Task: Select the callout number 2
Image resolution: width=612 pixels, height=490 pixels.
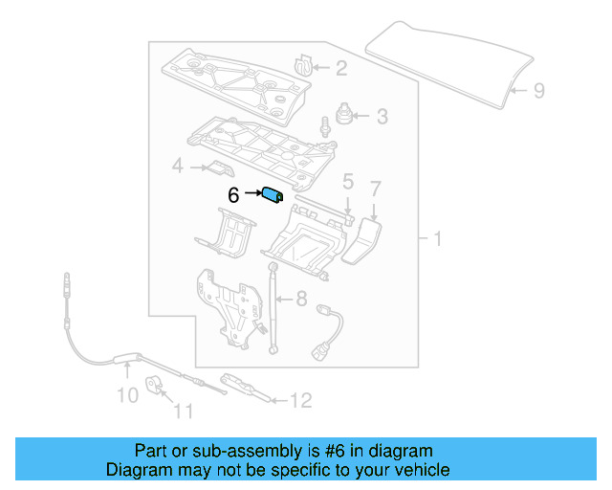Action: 341,67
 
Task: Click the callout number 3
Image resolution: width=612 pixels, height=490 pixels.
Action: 382,118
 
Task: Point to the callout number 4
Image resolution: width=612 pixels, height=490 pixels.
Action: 177,168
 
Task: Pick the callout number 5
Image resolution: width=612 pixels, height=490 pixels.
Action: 348,180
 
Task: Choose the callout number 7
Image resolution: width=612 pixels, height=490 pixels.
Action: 376,188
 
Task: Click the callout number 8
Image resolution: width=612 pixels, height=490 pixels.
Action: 298,298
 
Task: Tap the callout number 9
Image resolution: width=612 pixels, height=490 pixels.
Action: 538,91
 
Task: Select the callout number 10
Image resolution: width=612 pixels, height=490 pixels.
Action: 126,394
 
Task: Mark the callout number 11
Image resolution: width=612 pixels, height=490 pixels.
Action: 183,412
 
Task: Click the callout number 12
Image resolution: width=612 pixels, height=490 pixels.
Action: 300,401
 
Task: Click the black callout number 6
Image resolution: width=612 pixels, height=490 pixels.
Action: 233,195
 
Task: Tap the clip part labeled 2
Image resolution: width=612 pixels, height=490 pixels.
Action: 304,65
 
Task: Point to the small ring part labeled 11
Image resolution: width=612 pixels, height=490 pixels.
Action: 154,386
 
